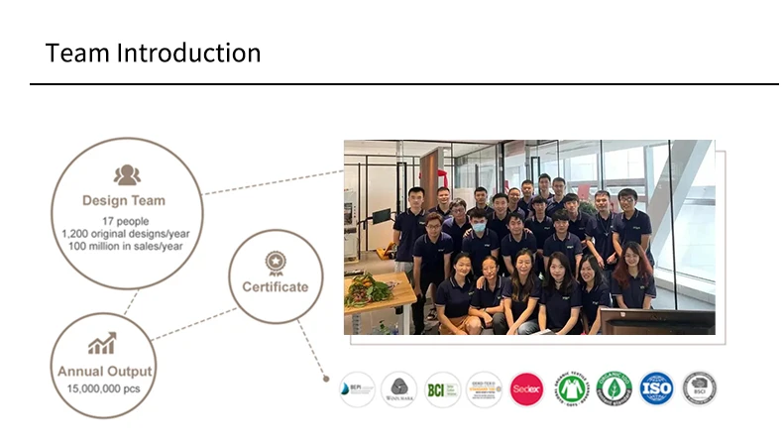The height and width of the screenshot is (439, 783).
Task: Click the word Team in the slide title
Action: coord(77,53)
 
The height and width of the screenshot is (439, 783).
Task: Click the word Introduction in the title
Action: coord(188,53)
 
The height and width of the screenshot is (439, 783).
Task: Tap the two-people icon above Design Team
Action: coord(126,175)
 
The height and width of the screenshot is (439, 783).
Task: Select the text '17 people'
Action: coord(126,220)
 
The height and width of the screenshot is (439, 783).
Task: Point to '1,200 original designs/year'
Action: coord(126,233)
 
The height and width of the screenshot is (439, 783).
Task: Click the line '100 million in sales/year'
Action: coord(126,246)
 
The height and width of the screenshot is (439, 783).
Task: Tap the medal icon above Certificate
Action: coord(275,263)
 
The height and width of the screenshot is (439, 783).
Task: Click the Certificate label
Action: coord(275,287)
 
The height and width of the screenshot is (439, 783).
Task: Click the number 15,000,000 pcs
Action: coord(103,388)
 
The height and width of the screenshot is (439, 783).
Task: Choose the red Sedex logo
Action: coord(526,388)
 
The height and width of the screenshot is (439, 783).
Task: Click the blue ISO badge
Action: coord(655,388)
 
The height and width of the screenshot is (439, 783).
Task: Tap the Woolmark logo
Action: coord(398,388)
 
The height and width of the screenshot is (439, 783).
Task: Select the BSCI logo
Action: coord(699,388)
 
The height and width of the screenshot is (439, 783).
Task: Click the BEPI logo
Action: coord(356,388)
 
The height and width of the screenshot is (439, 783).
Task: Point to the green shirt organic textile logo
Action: coord(571,388)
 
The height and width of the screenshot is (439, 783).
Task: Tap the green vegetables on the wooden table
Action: coord(371,289)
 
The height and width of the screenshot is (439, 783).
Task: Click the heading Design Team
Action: coord(124,201)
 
